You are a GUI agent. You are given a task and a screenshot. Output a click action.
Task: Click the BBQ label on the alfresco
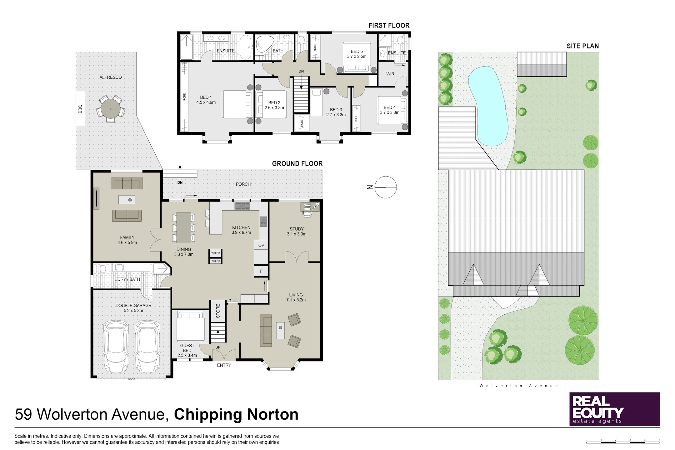[x=80, y=109]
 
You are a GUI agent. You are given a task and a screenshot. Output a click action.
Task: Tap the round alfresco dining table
[x=111, y=108]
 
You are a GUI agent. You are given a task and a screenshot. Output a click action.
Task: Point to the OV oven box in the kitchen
[x=261, y=245]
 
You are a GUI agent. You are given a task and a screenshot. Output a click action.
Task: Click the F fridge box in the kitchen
[x=261, y=271]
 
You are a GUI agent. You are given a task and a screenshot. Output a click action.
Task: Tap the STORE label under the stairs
[x=218, y=311]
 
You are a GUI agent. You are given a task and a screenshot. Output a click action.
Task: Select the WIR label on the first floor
[x=390, y=74]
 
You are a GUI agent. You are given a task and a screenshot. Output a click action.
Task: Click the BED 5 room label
[x=357, y=51]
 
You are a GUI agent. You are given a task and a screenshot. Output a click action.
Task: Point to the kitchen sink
[x=242, y=206]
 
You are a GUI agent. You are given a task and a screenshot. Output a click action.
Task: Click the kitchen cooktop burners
[x=263, y=222]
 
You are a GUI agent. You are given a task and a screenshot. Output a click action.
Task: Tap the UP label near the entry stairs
[x=218, y=347]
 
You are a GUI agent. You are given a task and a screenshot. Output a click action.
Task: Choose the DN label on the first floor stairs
[x=301, y=71]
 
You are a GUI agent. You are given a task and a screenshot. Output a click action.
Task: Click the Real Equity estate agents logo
[x=615, y=409]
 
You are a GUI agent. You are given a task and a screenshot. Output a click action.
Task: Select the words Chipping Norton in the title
[x=236, y=414]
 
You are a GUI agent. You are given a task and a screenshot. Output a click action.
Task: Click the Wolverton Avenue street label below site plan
[x=519, y=386]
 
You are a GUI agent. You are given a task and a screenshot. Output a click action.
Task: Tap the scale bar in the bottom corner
[x=623, y=442]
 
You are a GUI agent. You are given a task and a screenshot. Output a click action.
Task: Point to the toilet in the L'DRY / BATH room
[x=103, y=268]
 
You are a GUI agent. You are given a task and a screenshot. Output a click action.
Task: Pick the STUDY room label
[x=297, y=229]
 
